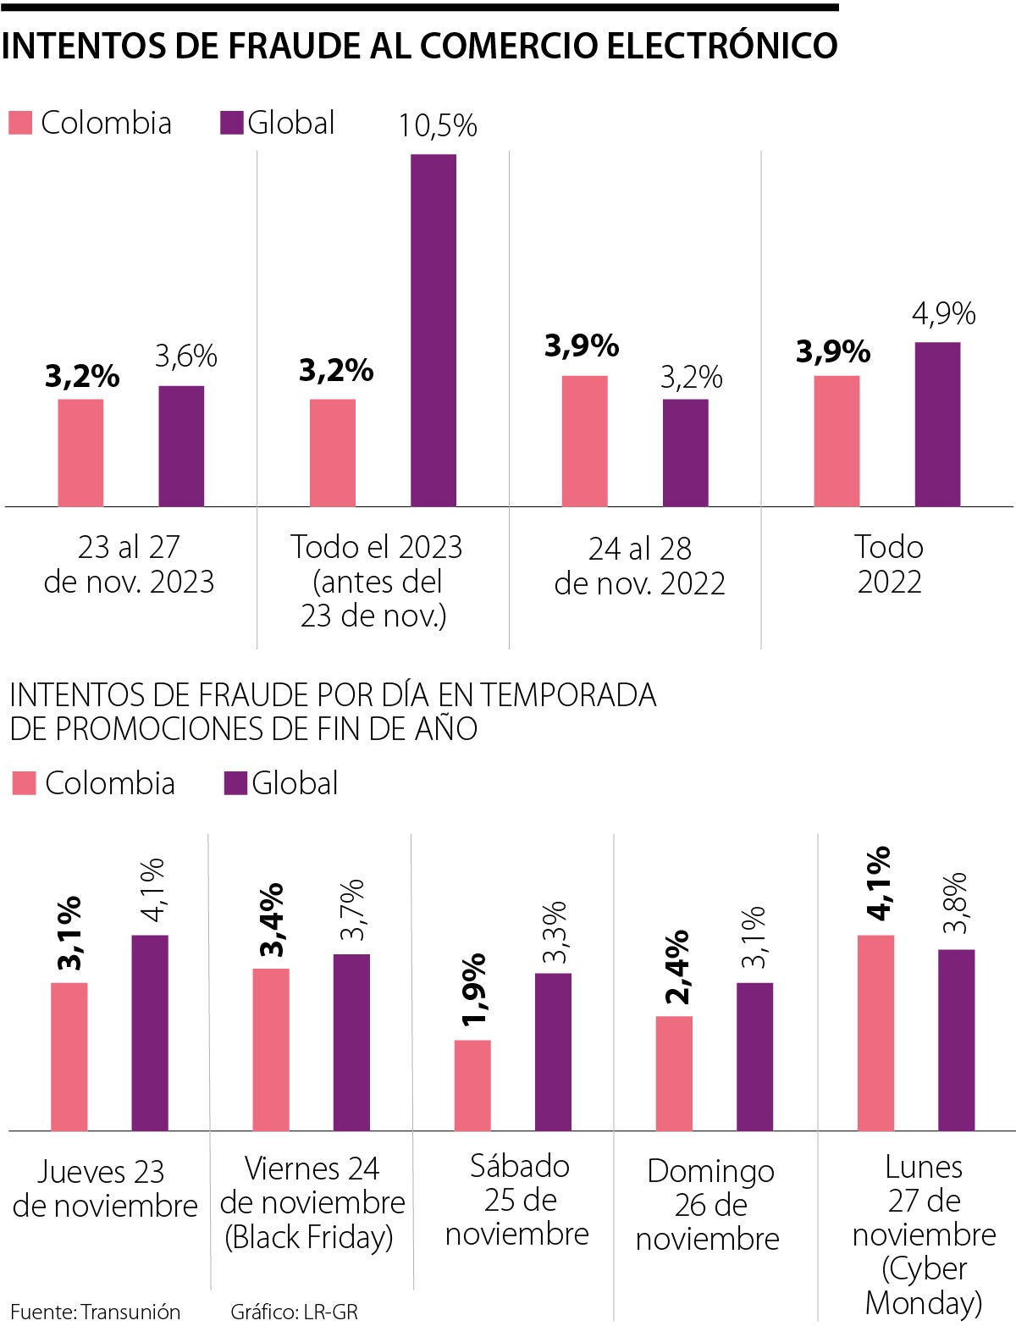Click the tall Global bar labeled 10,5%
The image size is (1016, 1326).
pyautogui.click(x=433, y=330)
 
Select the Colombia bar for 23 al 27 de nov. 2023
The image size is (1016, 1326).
pyautogui.click(x=80, y=453)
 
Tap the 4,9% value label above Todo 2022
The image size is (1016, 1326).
pyautogui.click(x=943, y=314)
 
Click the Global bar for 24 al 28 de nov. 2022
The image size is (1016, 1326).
pyautogui.click(x=685, y=453)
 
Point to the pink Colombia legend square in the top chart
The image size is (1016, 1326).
pyautogui.click(x=20, y=123)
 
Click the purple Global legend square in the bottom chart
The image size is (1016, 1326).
pyautogui.click(x=235, y=783)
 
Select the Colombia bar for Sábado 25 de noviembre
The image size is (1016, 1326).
pyautogui.click(x=472, y=1086)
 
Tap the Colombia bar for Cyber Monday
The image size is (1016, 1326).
pyautogui.click(x=875, y=1033)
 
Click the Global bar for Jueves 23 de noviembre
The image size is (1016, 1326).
pyautogui.click(x=150, y=1033)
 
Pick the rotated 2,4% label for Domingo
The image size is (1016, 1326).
pyautogui.click(x=676, y=967)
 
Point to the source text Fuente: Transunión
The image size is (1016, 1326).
pyautogui.click(x=96, y=1312)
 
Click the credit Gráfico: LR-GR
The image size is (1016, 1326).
pyautogui.click(x=295, y=1312)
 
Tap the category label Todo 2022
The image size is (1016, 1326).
pyautogui.click(x=889, y=565)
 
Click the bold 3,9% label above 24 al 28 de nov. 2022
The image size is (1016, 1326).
pyautogui.click(x=582, y=345)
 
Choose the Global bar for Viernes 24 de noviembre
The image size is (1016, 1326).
pyautogui.click(x=351, y=1042)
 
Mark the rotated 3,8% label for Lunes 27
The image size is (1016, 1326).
pyautogui.click(x=956, y=903)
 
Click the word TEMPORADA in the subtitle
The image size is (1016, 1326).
pyautogui.click(x=568, y=695)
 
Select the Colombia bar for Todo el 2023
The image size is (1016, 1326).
pyautogui.click(x=333, y=453)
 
